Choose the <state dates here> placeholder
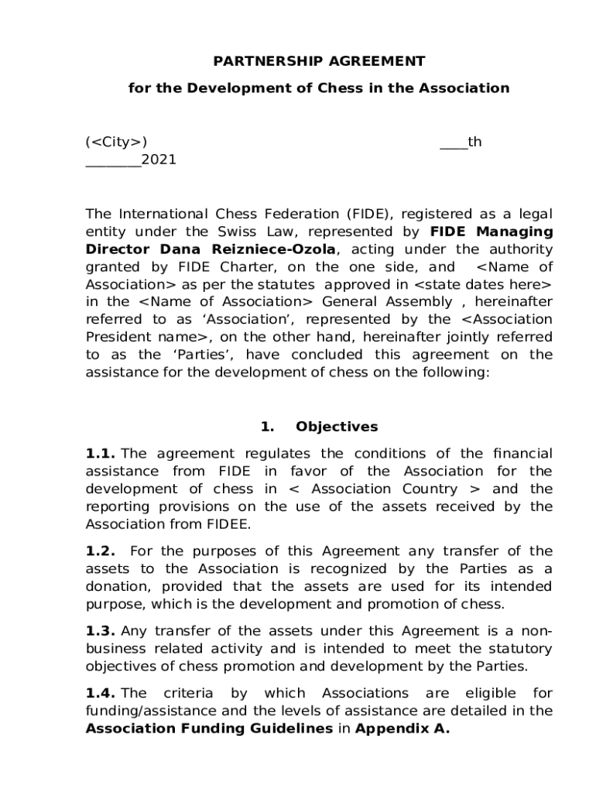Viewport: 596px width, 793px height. [x=487, y=283]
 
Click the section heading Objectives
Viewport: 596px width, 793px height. [x=337, y=427]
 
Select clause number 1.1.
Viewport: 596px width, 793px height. [x=101, y=453]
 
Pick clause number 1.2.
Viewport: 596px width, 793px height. [x=101, y=551]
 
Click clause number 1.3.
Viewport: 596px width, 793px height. [x=101, y=630]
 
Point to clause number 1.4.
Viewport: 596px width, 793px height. [x=101, y=693]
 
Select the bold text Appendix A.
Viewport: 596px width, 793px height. [x=402, y=729]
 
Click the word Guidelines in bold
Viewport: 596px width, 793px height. [x=286, y=729]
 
